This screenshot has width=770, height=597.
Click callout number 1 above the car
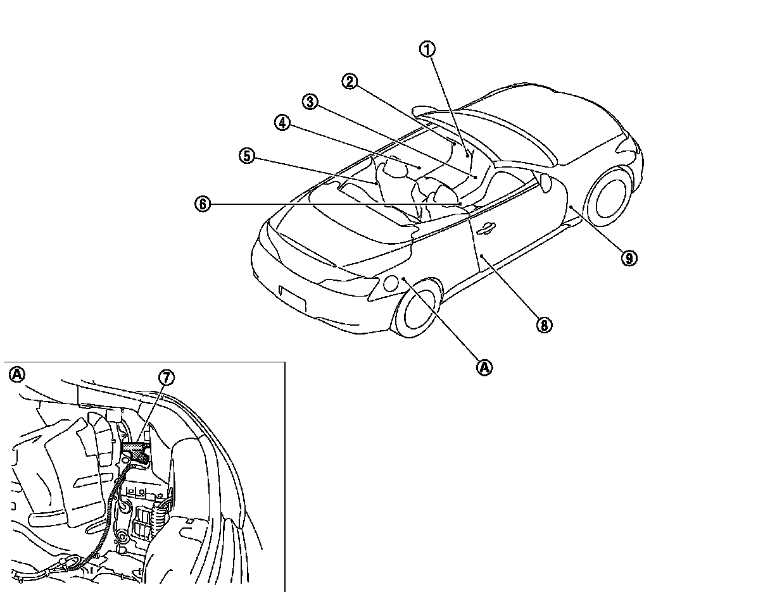(x=429, y=49)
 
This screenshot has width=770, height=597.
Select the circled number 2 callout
(x=350, y=81)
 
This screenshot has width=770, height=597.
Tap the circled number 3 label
(x=310, y=101)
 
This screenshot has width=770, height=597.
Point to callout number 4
(x=282, y=123)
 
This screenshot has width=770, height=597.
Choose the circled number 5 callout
(x=247, y=155)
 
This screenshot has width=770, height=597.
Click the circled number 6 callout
(x=202, y=204)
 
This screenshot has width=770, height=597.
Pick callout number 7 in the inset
(x=165, y=378)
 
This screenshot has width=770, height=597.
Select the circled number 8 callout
(x=543, y=325)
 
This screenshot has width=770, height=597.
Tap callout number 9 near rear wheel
(x=628, y=257)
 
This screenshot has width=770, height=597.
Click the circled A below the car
(x=484, y=367)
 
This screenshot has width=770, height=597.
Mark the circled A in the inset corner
(x=16, y=374)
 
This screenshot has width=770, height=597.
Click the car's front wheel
(x=417, y=308)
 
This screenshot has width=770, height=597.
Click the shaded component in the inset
(x=135, y=450)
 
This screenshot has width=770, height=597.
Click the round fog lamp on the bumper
(x=391, y=284)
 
